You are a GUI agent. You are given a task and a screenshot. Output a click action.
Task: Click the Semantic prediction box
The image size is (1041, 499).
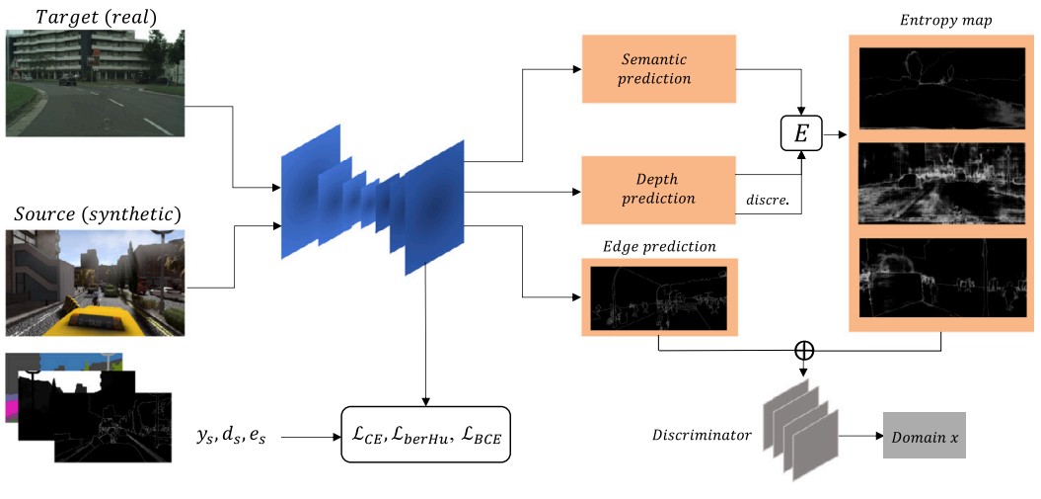point(659,69)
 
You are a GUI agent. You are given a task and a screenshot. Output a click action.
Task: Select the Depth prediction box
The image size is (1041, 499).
point(659,188)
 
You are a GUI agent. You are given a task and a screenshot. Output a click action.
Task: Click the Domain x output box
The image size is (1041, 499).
point(926,437)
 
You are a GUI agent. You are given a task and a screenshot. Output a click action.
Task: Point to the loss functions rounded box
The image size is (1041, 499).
point(425,435)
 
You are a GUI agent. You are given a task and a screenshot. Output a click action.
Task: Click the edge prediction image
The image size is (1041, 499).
point(657,296)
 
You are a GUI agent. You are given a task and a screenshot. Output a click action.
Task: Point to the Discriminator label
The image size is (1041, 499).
point(702,436)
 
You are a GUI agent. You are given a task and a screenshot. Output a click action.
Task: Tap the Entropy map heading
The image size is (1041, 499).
point(930,21)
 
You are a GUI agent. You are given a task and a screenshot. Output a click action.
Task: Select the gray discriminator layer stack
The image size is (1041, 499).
point(800,434)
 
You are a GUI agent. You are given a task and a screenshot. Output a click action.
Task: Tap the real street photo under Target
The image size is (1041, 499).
point(94,82)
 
